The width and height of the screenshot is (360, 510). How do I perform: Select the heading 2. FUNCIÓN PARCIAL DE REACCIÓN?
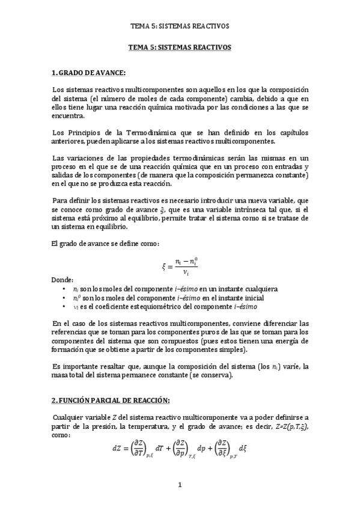(x=111, y=401)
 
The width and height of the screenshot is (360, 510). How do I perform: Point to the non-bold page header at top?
(x=180, y=26)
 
